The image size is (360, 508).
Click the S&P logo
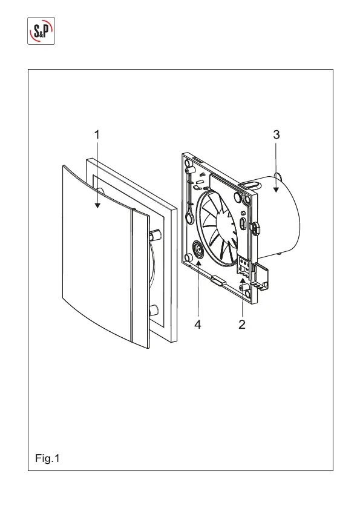coord(41,31)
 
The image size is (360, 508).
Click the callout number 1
coord(97,135)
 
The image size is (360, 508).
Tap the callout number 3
coord(276,134)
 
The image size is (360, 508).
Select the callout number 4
coord(198,324)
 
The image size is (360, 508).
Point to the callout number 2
coord(242,324)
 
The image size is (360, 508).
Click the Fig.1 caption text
coord(47,458)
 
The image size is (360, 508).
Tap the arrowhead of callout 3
coord(276,190)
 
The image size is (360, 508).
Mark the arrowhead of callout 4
coord(198,262)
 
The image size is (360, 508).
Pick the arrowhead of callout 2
coord(242,280)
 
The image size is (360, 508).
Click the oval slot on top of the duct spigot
coord(251,185)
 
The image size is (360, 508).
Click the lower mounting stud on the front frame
coord(155,310)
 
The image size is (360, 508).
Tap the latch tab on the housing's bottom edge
coord(218,280)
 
